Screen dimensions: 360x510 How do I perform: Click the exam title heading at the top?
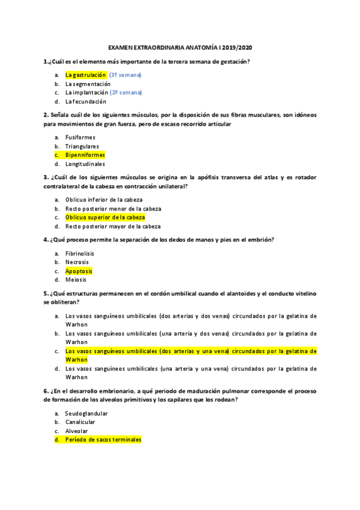point(179,46)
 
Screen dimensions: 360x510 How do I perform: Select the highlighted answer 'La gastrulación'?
point(85,75)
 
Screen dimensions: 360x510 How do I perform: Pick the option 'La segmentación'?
point(88,84)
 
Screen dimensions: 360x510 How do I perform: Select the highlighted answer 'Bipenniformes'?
point(85,155)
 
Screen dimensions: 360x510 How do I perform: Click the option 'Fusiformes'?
point(80,137)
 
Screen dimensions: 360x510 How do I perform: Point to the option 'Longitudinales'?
point(85,164)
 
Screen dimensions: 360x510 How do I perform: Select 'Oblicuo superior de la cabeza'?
point(105,217)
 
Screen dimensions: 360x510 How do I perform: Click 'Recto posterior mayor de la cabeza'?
point(113,226)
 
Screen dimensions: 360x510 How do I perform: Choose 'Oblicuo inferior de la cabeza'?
point(104,200)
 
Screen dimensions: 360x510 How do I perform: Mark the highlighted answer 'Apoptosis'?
point(79,271)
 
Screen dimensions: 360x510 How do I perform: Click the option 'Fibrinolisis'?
point(79,253)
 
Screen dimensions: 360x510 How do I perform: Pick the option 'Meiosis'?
point(76,280)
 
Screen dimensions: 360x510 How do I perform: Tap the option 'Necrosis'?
point(77,262)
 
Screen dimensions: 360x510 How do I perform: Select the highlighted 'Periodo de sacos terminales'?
point(103,440)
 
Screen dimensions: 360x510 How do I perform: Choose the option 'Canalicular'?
point(80,422)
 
